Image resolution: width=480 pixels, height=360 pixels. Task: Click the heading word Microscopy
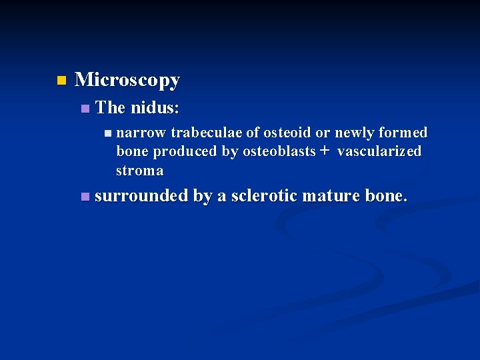tap(127, 81)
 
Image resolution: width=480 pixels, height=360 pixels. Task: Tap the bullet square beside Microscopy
tap(61, 81)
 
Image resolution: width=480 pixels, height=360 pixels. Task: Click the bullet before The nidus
tap(83, 108)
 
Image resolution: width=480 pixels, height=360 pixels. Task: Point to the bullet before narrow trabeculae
tap(108, 133)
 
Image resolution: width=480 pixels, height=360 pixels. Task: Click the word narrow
tap(141, 133)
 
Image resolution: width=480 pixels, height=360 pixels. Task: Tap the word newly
tap(355, 133)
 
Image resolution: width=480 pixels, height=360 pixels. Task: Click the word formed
tap(403, 133)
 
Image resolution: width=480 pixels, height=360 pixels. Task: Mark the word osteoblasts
tap(279, 151)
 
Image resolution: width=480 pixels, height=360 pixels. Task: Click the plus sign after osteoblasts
tap(325, 151)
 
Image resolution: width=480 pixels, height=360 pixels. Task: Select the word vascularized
tap(379, 151)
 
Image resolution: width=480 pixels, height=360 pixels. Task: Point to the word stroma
tap(139, 171)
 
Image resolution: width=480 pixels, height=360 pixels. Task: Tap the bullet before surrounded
tap(83, 197)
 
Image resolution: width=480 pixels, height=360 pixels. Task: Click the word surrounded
tap(142, 196)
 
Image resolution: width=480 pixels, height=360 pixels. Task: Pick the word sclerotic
tap(263, 196)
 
